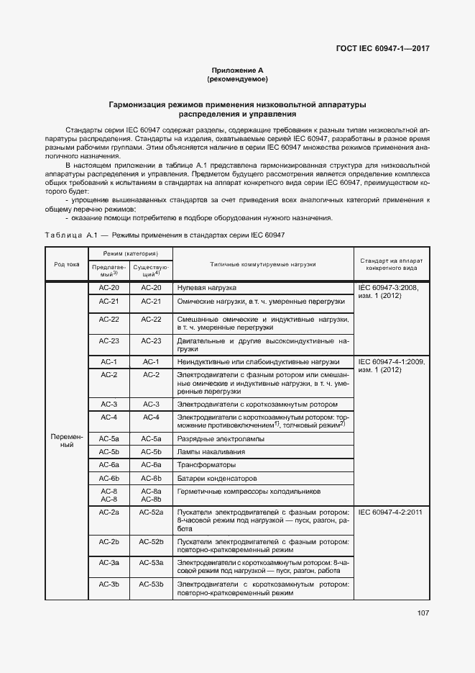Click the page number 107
click(x=422, y=613)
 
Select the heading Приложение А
click(x=237, y=70)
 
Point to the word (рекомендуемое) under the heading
click(x=237, y=78)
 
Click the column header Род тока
click(x=67, y=264)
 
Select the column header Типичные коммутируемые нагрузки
click(x=263, y=264)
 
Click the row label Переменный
click(x=67, y=441)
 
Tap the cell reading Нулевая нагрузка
click(x=207, y=287)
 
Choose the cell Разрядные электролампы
click(x=221, y=438)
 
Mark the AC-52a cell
click(x=151, y=512)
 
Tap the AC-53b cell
click(x=151, y=584)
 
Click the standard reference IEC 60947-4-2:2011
click(x=389, y=512)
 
